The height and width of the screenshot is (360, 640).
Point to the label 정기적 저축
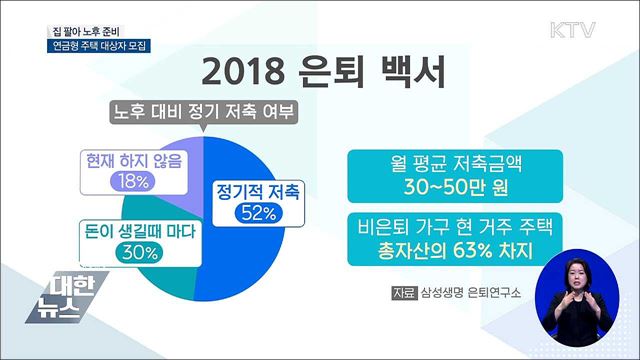click(258, 190)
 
